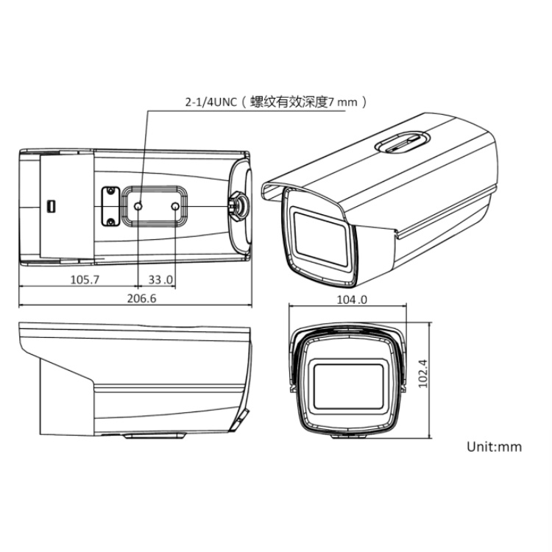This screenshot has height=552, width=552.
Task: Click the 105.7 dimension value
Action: (85, 280)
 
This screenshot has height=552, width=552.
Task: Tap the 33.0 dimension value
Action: (160, 280)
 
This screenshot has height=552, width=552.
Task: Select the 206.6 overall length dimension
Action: (141, 298)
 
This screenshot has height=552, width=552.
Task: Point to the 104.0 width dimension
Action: (352, 300)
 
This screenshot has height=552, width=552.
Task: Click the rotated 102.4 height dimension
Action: (422, 373)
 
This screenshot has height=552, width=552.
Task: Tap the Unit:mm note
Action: (494, 447)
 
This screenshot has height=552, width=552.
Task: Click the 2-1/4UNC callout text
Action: (211, 102)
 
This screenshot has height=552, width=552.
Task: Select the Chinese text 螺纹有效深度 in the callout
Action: (289, 102)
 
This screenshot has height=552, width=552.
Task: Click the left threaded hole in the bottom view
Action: (138, 206)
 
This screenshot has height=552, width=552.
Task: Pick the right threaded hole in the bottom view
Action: (175, 206)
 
